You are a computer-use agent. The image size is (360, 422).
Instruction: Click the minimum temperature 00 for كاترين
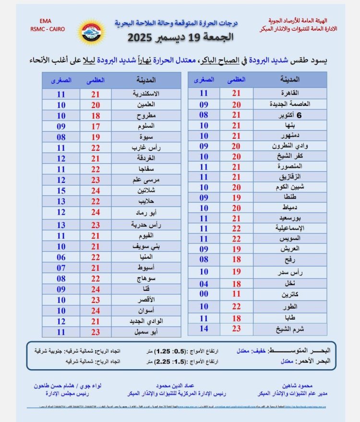coord(204,293)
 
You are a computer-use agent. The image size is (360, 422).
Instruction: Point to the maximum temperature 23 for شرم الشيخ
coord(236,329)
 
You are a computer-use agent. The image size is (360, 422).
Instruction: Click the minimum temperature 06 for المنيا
coord(60,257)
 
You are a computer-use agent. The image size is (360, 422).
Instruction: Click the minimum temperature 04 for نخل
coord(204,283)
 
